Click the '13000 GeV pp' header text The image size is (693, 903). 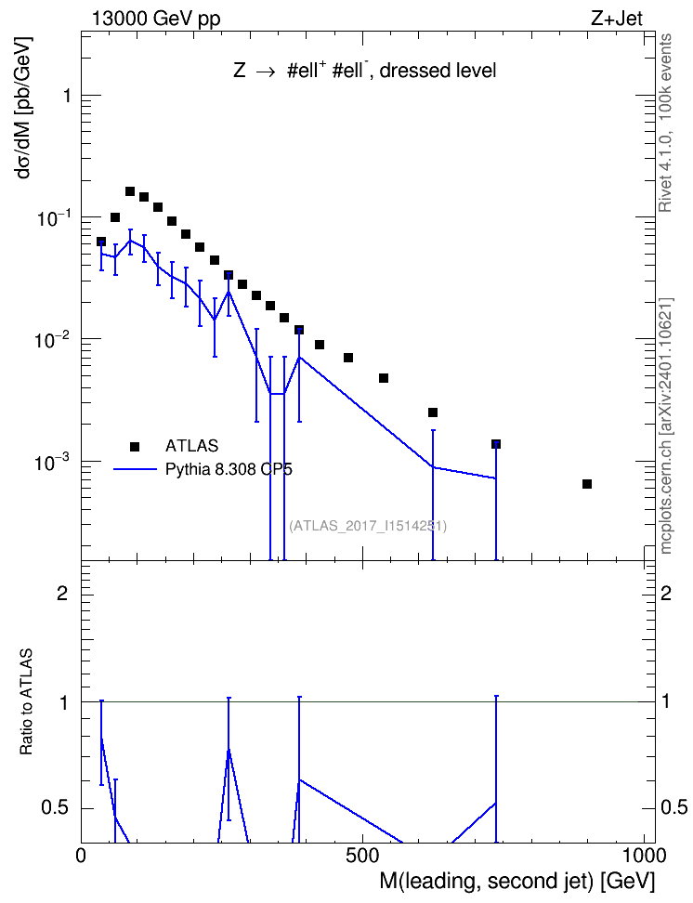156,19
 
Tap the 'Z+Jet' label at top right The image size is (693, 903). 617,19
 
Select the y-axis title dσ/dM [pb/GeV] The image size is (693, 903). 24,108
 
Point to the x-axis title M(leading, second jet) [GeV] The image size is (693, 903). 516,881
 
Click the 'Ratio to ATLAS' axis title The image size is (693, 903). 26,702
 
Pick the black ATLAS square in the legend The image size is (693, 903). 135,446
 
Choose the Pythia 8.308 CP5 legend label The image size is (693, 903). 229,469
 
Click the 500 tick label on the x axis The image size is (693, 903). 362,856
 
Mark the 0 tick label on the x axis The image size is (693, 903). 81,856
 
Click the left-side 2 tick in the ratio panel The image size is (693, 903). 63,593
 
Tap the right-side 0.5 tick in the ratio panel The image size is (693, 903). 673,807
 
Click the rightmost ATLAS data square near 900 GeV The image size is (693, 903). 587,484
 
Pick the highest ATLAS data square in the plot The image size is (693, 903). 130,191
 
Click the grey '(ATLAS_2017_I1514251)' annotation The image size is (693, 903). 368,525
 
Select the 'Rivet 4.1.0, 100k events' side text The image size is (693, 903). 665,123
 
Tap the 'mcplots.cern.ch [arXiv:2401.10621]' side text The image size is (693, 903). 666,425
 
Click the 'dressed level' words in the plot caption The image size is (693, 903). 438,71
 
